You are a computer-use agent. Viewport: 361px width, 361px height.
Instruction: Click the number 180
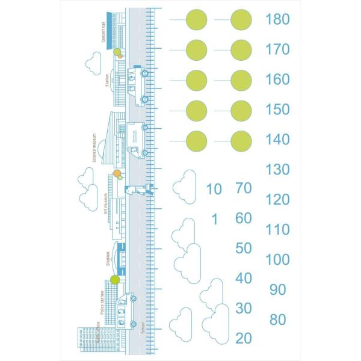[277, 19]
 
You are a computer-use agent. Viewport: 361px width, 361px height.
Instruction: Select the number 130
[277, 170]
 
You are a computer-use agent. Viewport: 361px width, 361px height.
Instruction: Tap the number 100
[277, 260]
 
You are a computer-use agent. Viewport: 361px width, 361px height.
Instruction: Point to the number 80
[278, 320]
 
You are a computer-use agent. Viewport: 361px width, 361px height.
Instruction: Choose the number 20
[244, 338]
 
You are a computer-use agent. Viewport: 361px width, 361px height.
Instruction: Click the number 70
[244, 188]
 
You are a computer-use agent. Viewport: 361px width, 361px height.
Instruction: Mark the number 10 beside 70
[214, 190]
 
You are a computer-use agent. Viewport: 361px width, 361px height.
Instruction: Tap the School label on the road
[143, 328]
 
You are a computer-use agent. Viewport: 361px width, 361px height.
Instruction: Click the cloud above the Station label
[93, 60]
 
